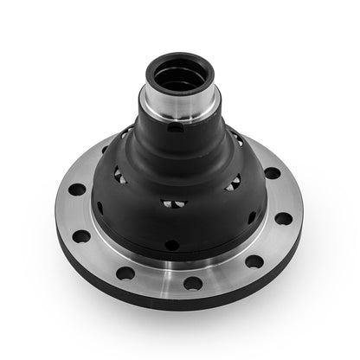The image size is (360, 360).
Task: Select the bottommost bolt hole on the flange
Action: click(x=193, y=283)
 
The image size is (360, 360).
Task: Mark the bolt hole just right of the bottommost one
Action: click(x=253, y=261)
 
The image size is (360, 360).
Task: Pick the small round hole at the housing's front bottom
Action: click(x=172, y=245)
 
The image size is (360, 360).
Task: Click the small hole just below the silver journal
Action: click(x=176, y=128)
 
